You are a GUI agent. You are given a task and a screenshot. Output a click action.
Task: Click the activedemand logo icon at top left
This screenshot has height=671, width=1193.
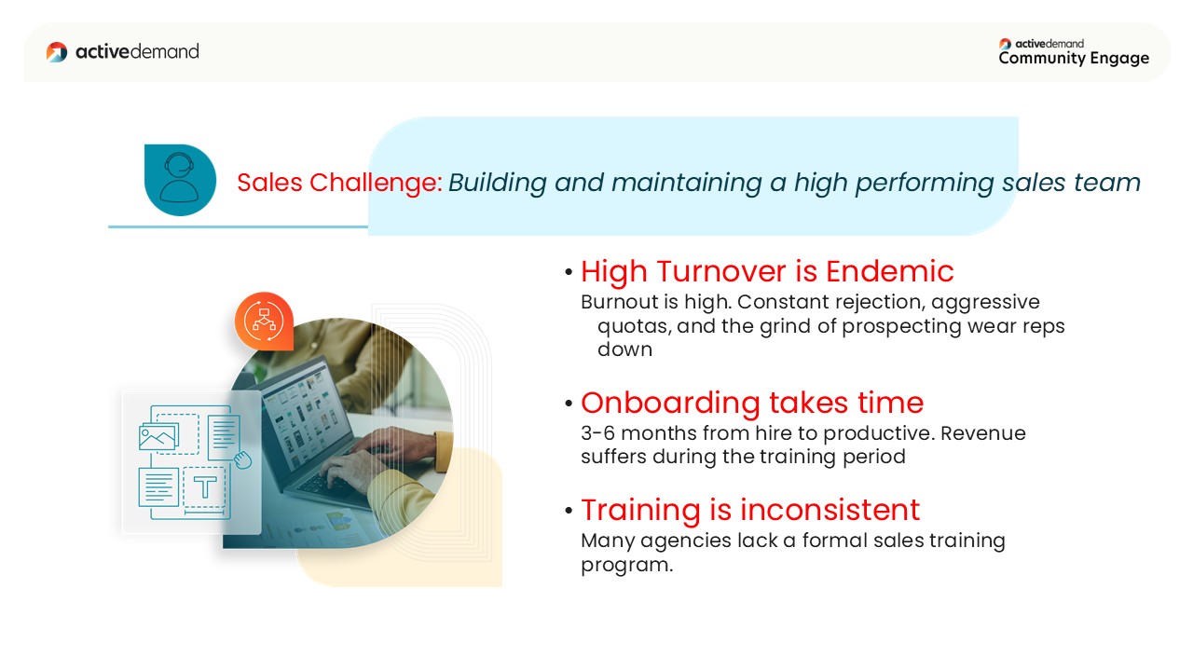click(x=57, y=51)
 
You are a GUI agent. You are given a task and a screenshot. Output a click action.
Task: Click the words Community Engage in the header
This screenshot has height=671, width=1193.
click(x=1074, y=58)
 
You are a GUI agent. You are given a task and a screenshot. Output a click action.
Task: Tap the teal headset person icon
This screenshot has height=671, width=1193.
click(x=180, y=180)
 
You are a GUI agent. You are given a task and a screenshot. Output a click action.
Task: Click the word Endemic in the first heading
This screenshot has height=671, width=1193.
click(x=889, y=271)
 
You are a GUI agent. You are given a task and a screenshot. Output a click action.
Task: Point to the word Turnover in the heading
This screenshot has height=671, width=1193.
click(x=721, y=271)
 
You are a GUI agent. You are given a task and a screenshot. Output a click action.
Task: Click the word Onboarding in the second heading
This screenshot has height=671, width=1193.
click(x=670, y=404)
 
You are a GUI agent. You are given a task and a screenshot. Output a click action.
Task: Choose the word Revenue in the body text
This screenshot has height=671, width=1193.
click(x=983, y=433)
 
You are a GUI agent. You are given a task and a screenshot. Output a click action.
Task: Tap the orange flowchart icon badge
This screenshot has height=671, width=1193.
click(x=264, y=322)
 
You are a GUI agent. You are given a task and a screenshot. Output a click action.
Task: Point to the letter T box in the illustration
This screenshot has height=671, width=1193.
click(x=205, y=487)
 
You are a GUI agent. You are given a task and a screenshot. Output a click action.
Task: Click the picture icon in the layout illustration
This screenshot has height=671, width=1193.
click(x=158, y=438)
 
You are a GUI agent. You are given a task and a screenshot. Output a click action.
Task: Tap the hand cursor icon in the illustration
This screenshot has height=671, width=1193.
click(x=243, y=459)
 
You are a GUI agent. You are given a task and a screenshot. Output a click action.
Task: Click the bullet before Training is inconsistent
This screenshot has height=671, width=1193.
click(x=569, y=512)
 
